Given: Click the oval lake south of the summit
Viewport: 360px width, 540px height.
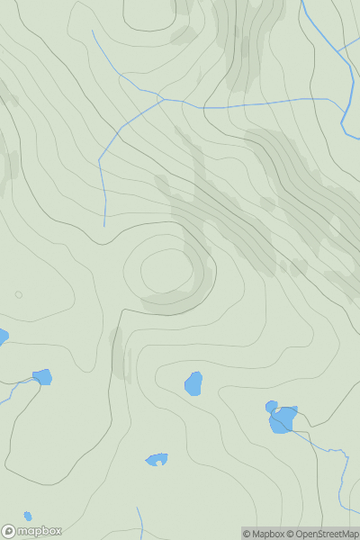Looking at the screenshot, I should click(x=193, y=383).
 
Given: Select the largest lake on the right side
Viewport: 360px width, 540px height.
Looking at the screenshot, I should click(x=283, y=420).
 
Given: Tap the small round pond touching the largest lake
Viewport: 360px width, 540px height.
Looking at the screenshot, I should click(x=271, y=407).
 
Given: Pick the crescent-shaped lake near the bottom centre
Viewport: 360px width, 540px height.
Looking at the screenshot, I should click(x=157, y=460).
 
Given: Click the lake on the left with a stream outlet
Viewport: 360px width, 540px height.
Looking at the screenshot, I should click(x=41, y=377).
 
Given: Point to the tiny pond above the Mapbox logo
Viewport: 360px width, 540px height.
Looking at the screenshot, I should click(x=28, y=516).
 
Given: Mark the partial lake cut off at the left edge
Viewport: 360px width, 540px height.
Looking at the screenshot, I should click(x=2, y=337).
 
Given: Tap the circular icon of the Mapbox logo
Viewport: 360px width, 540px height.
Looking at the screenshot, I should click(x=9, y=531).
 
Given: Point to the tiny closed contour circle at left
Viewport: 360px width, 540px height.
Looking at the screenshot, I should click(x=18, y=294).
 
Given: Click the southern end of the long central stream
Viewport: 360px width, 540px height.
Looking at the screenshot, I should click(x=104, y=225).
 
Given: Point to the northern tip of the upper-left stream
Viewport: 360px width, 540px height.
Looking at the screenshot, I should click(x=92, y=31).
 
